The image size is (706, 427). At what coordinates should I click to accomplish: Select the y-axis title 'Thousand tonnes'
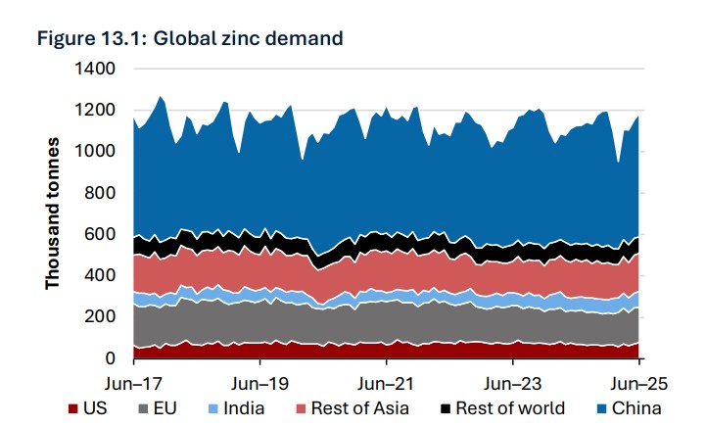53,213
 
